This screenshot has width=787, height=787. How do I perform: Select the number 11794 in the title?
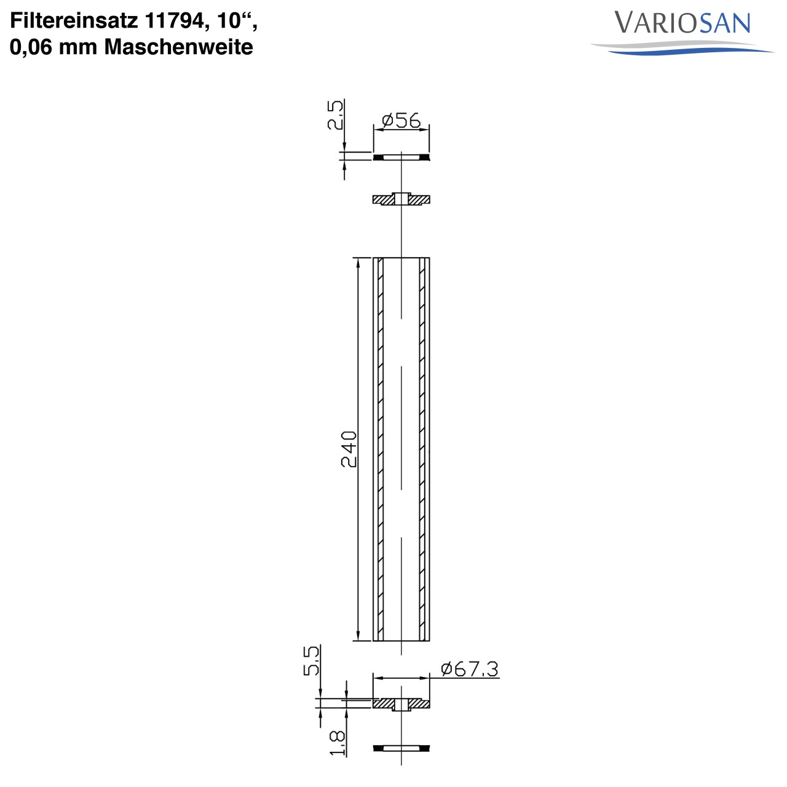(x=174, y=21)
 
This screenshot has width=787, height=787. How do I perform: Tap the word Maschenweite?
(x=178, y=47)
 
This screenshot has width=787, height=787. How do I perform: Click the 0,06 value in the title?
(x=31, y=47)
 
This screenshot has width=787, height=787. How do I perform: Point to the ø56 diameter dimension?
(x=401, y=120)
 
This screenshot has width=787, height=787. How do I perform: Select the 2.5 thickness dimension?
(x=335, y=114)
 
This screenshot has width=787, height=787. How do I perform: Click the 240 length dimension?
(x=349, y=449)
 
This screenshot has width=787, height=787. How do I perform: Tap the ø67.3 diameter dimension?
(x=470, y=668)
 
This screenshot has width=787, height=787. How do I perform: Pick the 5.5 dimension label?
(x=312, y=660)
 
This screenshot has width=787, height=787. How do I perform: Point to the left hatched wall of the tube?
(x=381, y=449)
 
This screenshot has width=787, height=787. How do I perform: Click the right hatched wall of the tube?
(x=422, y=449)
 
